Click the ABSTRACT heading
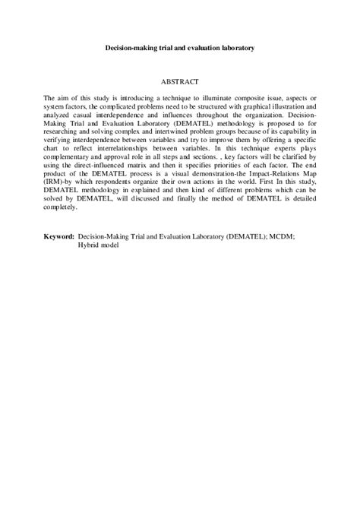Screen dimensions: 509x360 coord(179,80)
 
